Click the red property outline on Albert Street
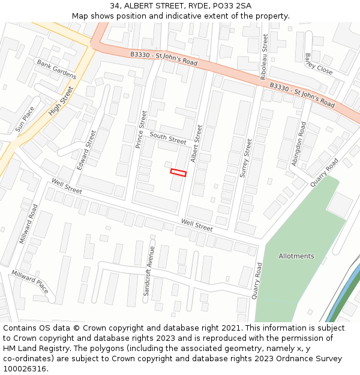[178, 173]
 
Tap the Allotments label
[296, 256]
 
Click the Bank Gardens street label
[56, 70]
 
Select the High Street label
[61, 101]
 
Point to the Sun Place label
[25, 119]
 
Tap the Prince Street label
[141, 130]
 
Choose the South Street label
[168, 138]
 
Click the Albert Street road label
[196, 143]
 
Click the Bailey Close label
[318, 64]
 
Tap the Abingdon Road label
[298, 144]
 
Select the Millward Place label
[30, 281]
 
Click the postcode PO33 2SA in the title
[231, 6]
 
